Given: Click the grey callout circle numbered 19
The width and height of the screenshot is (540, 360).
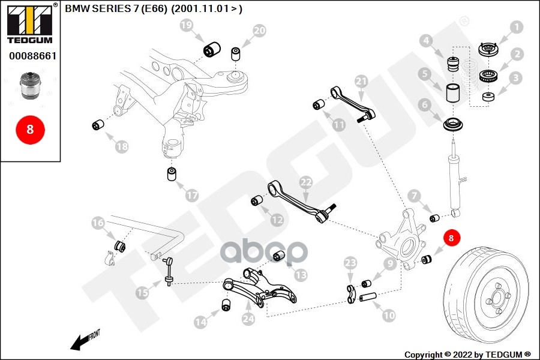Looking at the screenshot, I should [x=187, y=25].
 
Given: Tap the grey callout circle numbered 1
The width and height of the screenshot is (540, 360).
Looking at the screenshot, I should [x=516, y=27].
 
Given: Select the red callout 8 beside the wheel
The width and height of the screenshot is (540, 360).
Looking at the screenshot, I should [x=452, y=238].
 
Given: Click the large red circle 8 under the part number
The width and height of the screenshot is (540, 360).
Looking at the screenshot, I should [x=30, y=129].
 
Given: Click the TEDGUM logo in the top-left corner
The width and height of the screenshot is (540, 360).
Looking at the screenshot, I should [x=29, y=24].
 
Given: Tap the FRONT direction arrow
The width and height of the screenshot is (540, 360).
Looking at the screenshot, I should [x=84, y=340].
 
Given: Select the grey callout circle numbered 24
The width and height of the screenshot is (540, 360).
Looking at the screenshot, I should [x=248, y=320].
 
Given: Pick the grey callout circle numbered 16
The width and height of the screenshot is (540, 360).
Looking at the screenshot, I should [x=98, y=223].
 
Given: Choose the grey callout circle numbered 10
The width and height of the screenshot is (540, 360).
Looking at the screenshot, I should [x=389, y=314].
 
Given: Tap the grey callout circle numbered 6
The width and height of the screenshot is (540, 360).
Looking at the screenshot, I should [x=424, y=105].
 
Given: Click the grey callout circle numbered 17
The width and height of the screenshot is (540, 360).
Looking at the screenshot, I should [x=191, y=195].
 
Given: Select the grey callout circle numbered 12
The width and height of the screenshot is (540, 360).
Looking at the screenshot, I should [x=277, y=220].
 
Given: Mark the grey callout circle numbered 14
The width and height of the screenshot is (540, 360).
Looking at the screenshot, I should [x=200, y=322].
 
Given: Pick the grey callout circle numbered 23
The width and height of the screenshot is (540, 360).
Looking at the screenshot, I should [x=350, y=262].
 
